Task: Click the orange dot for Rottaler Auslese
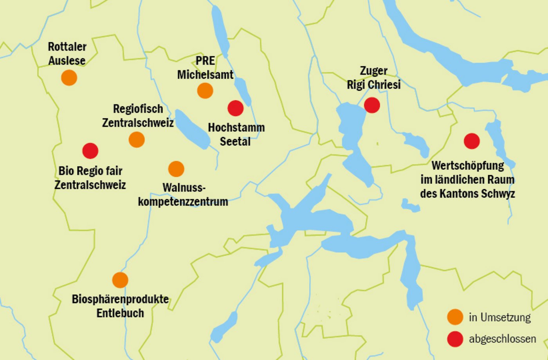coord(69,78)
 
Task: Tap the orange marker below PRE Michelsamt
coord(205,90)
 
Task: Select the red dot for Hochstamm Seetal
coord(235,108)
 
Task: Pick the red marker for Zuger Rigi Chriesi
coord(372,105)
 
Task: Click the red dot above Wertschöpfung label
coord(472,141)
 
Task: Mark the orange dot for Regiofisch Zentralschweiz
coord(137,139)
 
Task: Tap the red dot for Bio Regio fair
coord(90,151)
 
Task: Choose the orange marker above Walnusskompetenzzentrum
coord(176,169)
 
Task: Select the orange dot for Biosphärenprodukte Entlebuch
coord(120,280)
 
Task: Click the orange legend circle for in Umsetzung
coord(455,317)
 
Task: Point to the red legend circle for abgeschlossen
coord(455,339)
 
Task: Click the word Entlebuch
coord(120,313)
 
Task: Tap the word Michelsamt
coord(205,74)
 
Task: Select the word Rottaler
coord(67,47)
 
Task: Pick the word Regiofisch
coord(138,109)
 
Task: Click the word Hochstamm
coord(236,127)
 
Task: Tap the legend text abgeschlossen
coord(502,339)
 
